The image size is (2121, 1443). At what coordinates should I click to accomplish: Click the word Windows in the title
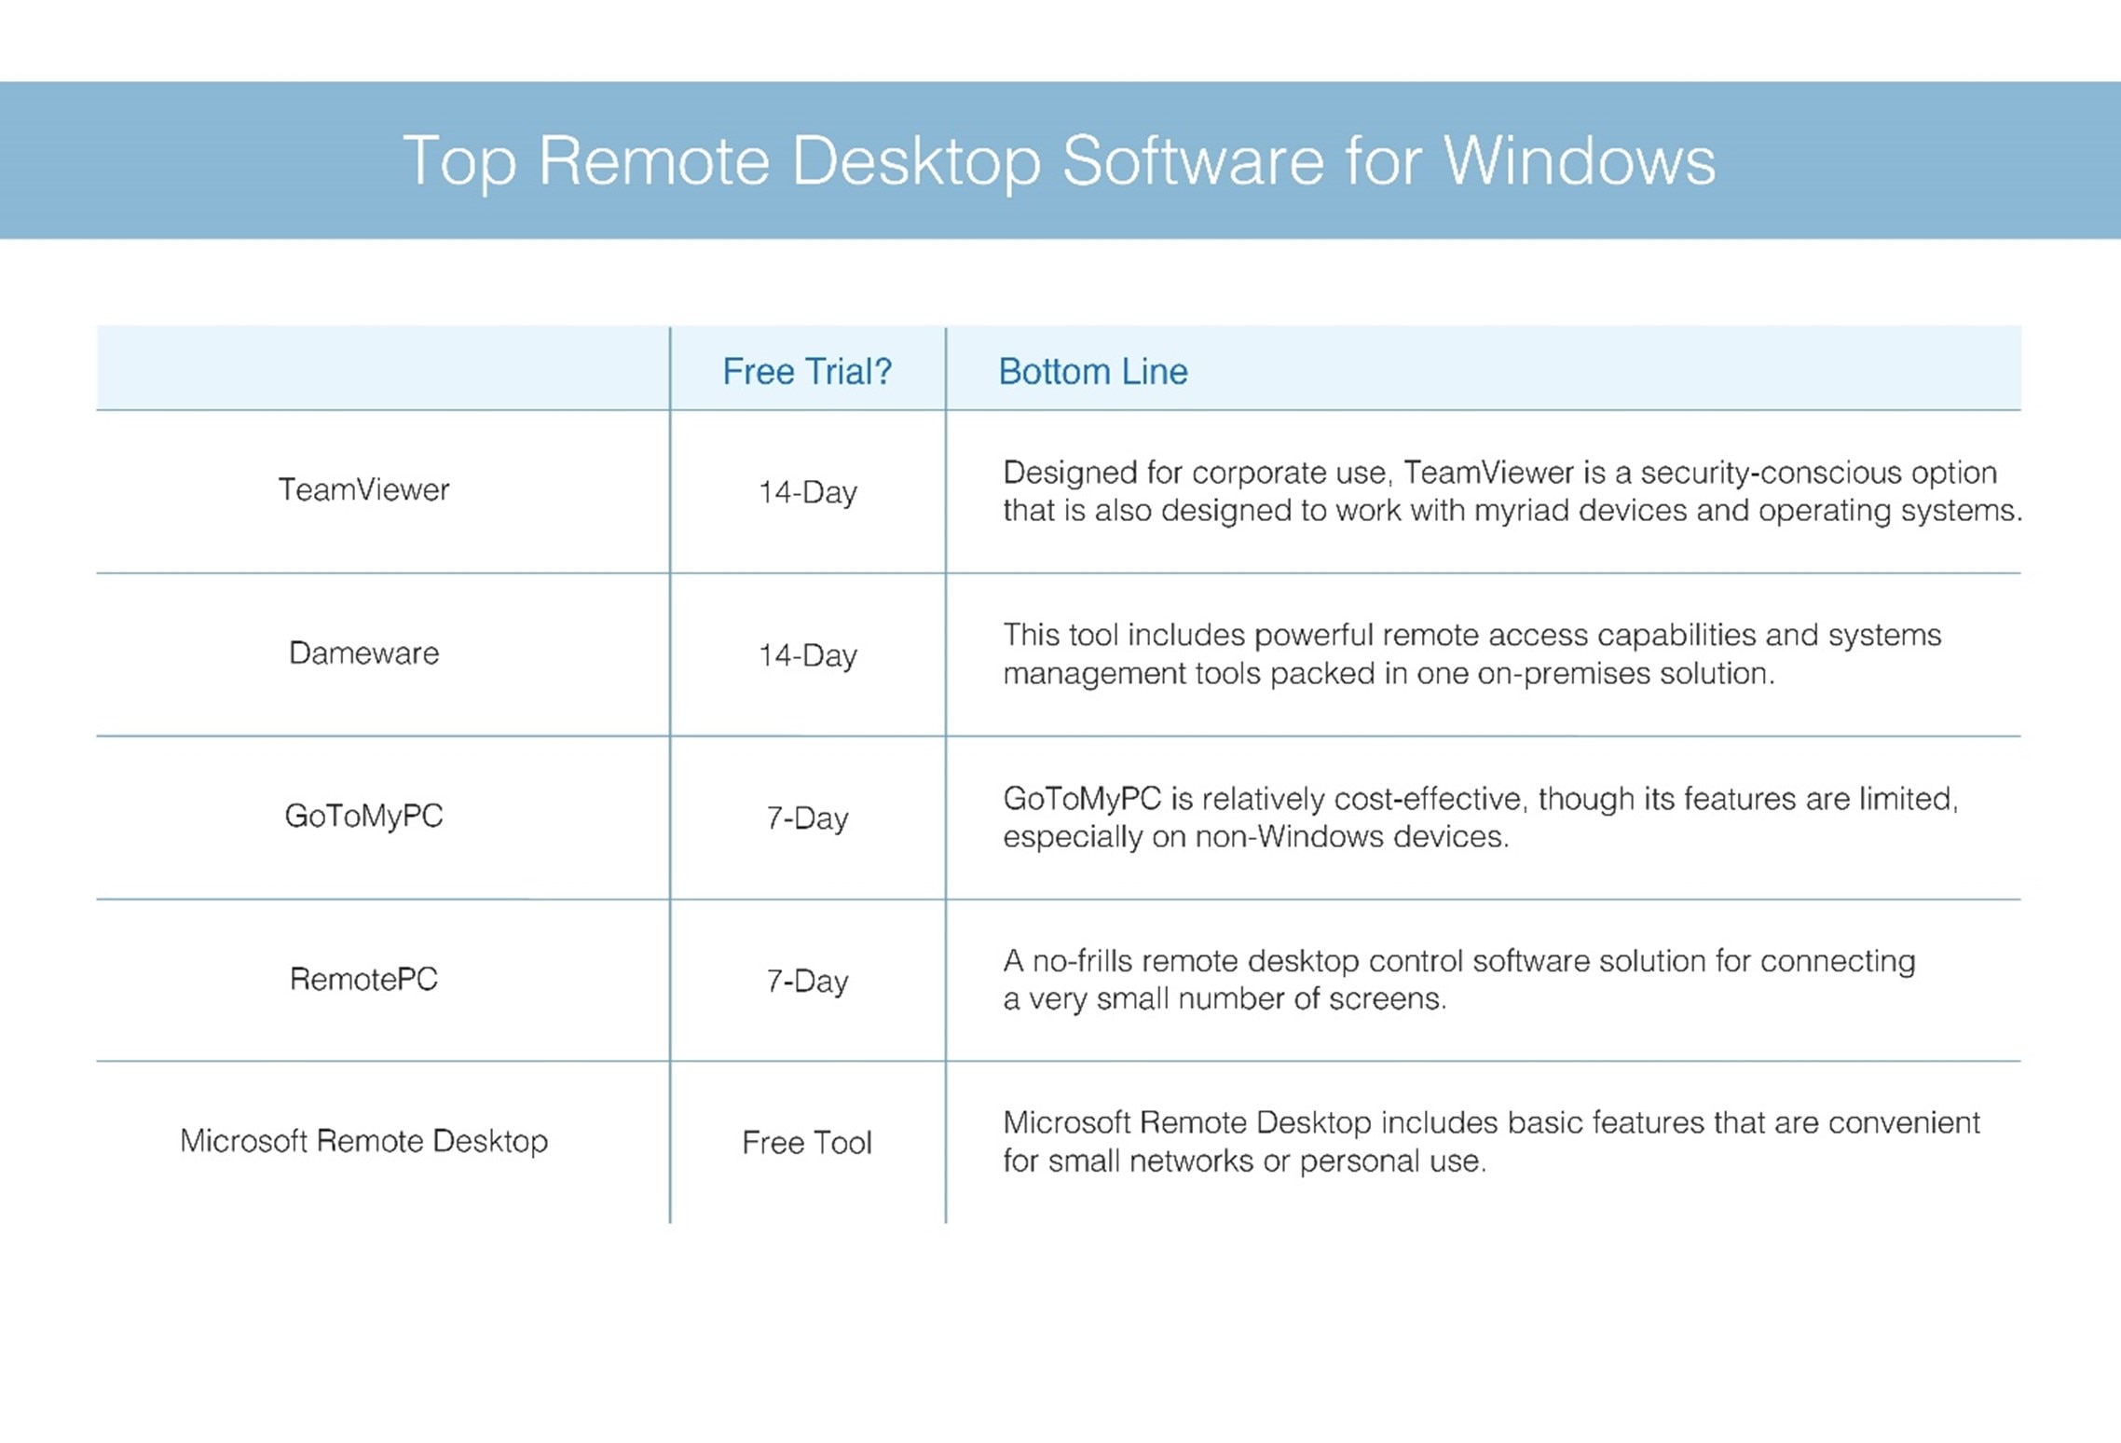point(1579,160)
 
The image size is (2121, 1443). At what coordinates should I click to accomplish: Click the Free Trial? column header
point(807,372)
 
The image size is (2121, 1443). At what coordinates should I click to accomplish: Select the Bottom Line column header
point(1093,372)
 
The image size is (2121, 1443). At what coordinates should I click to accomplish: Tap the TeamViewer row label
point(363,489)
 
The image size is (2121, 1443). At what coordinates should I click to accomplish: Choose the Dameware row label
point(363,653)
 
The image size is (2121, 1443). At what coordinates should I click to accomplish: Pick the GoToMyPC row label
point(363,816)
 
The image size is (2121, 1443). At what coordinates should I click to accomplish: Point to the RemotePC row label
point(363,979)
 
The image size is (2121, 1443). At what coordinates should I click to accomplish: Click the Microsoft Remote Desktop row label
point(363,1141)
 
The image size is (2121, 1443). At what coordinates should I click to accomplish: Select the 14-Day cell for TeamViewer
point(807,492)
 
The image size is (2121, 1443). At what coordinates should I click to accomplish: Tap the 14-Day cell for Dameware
point(807,655)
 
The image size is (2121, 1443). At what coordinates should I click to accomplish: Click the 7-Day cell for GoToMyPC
point(807,818)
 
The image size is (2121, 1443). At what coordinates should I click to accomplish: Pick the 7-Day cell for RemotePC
point(807,981)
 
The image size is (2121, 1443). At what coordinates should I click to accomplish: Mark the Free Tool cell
point(807,1143)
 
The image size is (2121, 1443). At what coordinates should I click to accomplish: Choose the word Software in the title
point(1193,160)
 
